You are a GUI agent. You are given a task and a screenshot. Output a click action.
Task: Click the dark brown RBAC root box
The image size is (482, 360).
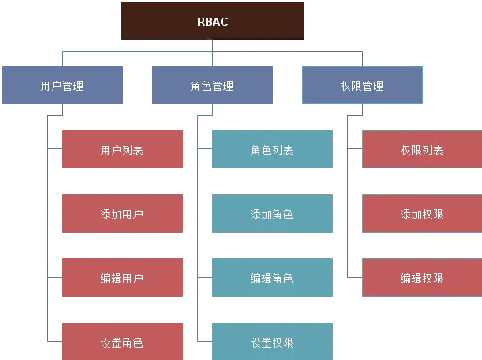click(x=213, y=21)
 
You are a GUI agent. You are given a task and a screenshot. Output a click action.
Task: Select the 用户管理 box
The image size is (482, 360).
click(x=62, y=85)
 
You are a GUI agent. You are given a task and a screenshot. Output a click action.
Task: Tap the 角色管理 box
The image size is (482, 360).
click(x=212, y=85)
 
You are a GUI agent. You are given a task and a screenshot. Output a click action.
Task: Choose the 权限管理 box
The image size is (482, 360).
click(x=362, y=85)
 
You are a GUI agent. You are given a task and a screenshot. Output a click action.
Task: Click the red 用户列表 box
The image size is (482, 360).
click(x=122, y=149)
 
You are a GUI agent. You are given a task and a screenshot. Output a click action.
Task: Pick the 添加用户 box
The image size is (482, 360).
click(x=122, y=213)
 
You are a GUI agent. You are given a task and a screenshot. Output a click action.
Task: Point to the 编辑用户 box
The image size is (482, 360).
click(x=122, y=277)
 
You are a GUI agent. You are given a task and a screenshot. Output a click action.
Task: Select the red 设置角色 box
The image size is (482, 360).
click(x=122, y=342)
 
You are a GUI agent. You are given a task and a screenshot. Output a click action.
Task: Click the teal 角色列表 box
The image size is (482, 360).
click(x=272, y=149)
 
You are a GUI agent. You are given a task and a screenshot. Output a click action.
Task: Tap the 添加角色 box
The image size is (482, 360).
click(x=272, y=213)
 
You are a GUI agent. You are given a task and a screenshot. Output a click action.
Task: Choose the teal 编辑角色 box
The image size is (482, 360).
click(x=272, y=277)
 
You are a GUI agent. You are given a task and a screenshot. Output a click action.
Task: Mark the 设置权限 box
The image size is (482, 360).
click(x=272, y=342)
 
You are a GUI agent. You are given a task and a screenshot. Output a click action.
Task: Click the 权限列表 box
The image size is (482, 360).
click(x=422, y=149)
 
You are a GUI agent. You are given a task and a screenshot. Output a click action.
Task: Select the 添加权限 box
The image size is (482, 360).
click(x=422, y=213)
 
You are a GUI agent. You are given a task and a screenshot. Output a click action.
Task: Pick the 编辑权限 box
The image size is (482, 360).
click(x=422, y=277)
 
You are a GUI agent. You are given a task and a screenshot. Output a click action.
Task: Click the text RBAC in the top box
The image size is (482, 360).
click(x=213, y=22)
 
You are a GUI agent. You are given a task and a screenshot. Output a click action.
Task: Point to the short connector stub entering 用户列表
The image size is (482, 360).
click(x=54, y=149)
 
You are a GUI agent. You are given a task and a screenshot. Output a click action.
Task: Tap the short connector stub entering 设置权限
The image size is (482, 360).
click(x=204, y=341)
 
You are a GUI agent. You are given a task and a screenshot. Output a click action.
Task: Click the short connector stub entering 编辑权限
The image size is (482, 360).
click(x=354, y=277)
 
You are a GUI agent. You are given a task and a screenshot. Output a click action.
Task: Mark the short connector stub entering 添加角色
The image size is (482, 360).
click(x=204, y=212)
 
